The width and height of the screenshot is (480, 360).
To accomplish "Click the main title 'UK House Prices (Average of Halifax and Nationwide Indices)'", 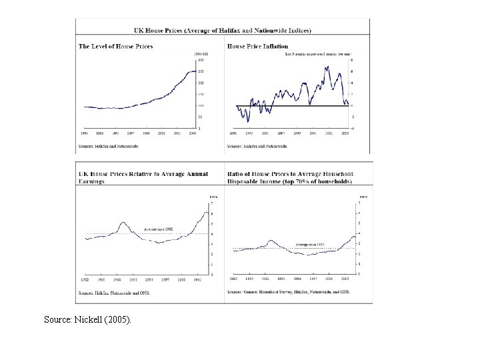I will [x=222, y=30].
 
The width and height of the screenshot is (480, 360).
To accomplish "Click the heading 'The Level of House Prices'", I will [x=116, y=46].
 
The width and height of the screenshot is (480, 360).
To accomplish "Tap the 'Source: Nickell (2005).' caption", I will [x=88, y=319].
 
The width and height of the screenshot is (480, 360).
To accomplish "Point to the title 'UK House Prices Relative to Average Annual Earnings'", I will [x=143, y=177].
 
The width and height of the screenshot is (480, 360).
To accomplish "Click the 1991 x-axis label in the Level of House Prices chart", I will [x=84, y=133].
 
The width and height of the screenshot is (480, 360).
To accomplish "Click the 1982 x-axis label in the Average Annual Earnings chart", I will [x=84, y=279].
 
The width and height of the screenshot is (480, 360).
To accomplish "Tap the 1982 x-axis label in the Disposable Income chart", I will [x=233, y=279].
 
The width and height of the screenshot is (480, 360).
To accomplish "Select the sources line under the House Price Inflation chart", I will [x=257, y=144].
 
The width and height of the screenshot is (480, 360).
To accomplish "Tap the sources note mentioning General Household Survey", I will [x=288, y=291].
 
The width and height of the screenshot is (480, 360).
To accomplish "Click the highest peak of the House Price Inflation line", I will [x=327, y=67].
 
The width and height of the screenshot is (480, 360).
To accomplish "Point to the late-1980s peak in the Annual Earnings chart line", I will [x=123, y=222].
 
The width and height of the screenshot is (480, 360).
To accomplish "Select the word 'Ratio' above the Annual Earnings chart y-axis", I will [x=213, y=197].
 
